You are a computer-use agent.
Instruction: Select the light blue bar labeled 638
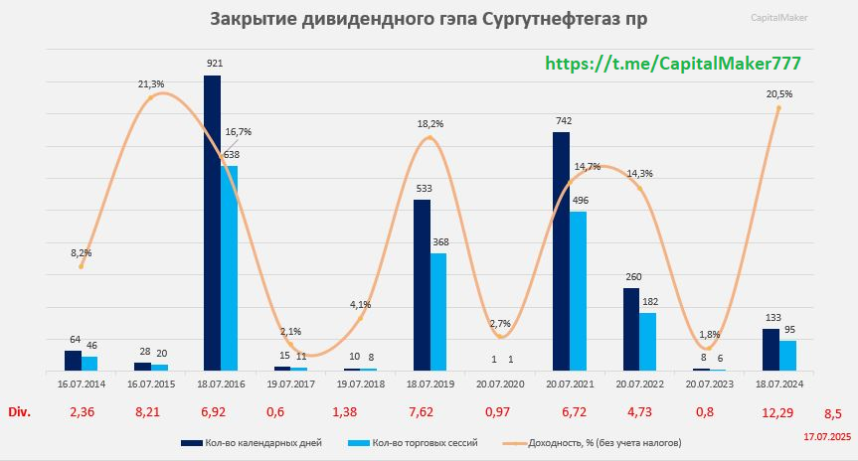(x=229, y=267)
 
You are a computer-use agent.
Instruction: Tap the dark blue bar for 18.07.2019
(x=422, y=284)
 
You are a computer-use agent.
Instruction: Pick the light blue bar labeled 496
(x=579, y=290)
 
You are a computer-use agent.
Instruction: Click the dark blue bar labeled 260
(x=631, y=329)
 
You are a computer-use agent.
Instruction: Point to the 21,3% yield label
(x=151, y=84)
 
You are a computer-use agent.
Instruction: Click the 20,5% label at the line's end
(x=779, y=93)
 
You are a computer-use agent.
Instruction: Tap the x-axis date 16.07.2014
(x=82, y=382)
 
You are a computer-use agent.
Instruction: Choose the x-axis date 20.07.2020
(x=500, y=382)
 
